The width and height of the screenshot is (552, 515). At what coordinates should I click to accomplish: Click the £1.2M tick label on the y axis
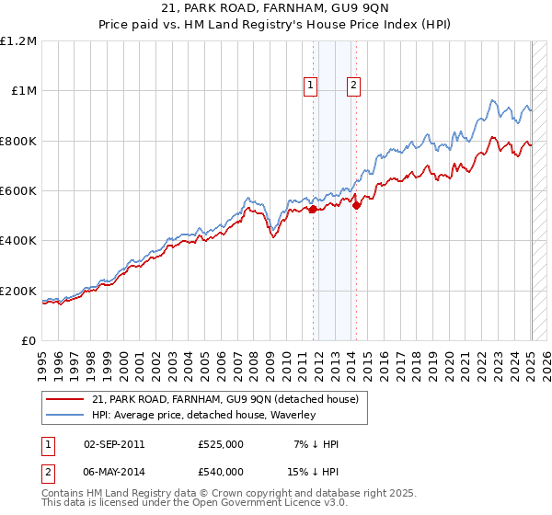(x=19, y=41)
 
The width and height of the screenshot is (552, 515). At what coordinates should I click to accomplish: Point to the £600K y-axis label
(x=18, y=191)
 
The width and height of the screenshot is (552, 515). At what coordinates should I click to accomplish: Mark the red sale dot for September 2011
(x=313, y=210)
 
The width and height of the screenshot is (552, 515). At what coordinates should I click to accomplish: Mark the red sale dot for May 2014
(x=356, y=205)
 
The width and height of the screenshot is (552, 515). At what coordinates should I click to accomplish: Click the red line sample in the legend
(x=66, y=399)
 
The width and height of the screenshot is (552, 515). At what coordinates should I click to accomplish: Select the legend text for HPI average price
(x=203, y=415)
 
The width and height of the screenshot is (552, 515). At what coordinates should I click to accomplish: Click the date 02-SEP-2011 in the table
(x=114, y=444)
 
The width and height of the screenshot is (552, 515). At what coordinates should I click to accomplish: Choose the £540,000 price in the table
(x=221, y=471)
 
